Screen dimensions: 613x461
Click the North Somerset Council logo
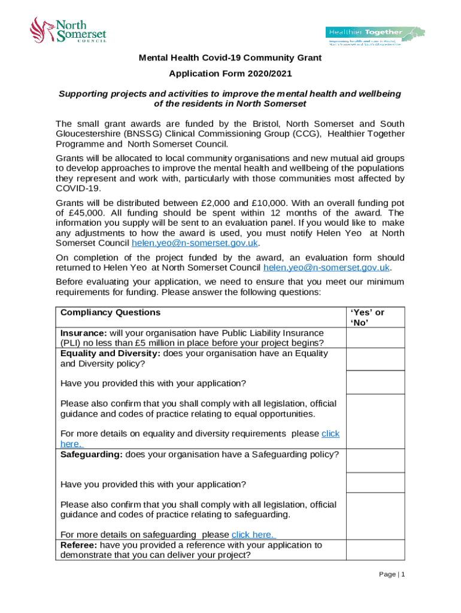pos(68,29)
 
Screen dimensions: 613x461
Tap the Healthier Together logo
pos(375,35)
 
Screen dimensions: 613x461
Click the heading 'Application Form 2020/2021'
pos(230,75)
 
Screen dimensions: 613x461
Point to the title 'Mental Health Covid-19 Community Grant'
pos(230,58)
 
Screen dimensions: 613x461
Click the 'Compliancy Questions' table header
pos(110,312)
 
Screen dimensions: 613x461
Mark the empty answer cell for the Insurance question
pos(375,338)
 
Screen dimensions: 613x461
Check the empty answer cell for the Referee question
pos(375,550)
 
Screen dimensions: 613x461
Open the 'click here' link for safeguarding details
pos(254,535)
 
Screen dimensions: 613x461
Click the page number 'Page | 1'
pos(393,575)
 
